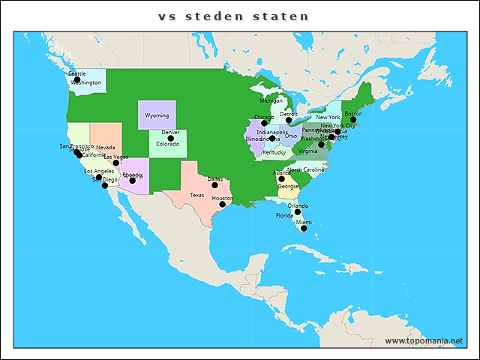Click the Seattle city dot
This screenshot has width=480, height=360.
tap(76, 79)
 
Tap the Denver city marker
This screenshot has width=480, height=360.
tap(170, 138)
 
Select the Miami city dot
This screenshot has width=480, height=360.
tap(304, 228)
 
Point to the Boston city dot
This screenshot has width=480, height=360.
tap(353, 119)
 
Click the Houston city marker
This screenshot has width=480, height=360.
tap(222, 204)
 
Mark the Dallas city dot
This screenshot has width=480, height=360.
tap(214, 184)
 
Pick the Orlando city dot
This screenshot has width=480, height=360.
tap(298, 211)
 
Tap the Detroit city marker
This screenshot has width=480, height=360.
tap(289, 120)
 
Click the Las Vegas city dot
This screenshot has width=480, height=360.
tap(115, 163)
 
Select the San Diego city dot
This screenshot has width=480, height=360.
tap(105, 185)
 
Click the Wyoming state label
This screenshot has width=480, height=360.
tap(157, 115)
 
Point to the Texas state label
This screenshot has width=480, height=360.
tap(196, 195)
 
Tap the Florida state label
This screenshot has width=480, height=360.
tap(284, 215)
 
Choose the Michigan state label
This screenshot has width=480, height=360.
tap(271, 100)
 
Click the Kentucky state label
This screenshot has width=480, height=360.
tap(274, 152)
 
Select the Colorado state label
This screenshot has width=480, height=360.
tap(168, 144)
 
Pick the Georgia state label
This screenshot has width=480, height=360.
tap(288, 186)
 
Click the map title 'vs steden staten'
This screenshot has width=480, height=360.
tap(233, 16)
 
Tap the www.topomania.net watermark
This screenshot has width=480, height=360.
tap(424, 341)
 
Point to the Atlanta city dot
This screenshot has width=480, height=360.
tap(282, 178)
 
